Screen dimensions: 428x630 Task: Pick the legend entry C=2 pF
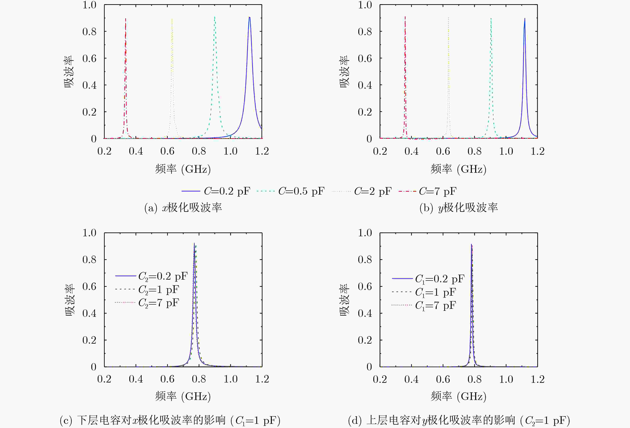coord(362,191)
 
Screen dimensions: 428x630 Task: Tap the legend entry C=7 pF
coord(427,191)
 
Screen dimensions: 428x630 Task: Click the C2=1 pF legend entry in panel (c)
coord(147,290)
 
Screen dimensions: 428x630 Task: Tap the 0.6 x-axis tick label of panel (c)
coord(167,379)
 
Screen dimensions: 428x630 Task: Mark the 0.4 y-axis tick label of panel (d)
coord(365,313)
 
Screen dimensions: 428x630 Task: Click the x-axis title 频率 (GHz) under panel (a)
coord(183,169)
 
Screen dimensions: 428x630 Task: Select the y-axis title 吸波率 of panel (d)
coord(344,300)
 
